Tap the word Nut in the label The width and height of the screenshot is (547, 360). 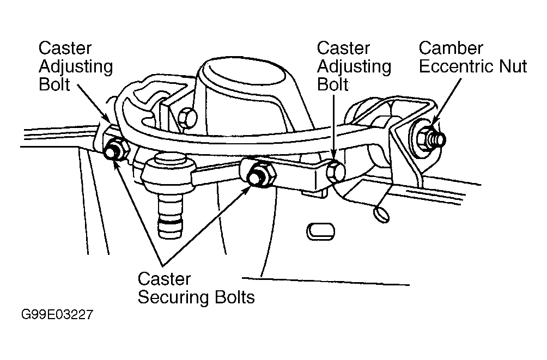(513, 66)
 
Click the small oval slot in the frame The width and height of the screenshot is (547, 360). (317, 230)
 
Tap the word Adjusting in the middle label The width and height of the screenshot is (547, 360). (354, 66)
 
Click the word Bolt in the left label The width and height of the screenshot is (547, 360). (54, 84)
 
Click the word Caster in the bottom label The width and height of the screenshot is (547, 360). (163, 279)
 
